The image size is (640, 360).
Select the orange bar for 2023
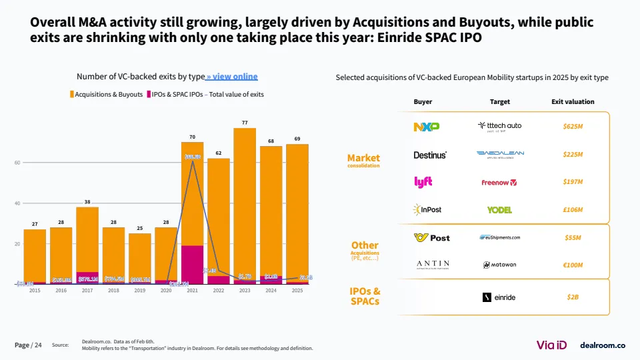coord(245,200)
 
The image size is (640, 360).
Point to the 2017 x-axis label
coord(87,291)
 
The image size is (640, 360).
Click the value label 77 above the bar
coord(245,123)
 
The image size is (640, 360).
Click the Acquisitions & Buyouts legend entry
coord(106,95)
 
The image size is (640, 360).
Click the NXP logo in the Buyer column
coord(427,126)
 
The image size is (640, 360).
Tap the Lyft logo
coord(423,182)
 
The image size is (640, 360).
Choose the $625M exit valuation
coord(573,126)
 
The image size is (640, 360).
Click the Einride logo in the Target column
coord(499,297)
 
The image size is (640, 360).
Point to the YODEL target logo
coord(499,210)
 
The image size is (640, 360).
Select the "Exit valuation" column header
coord(573,102)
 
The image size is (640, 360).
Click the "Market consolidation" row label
coord(363,160)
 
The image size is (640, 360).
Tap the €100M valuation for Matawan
coord(573,265)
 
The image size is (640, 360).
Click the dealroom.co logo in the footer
coord(603,345)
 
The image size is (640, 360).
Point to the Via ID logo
coord(551,345)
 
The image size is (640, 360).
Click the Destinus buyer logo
coord(430,155)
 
